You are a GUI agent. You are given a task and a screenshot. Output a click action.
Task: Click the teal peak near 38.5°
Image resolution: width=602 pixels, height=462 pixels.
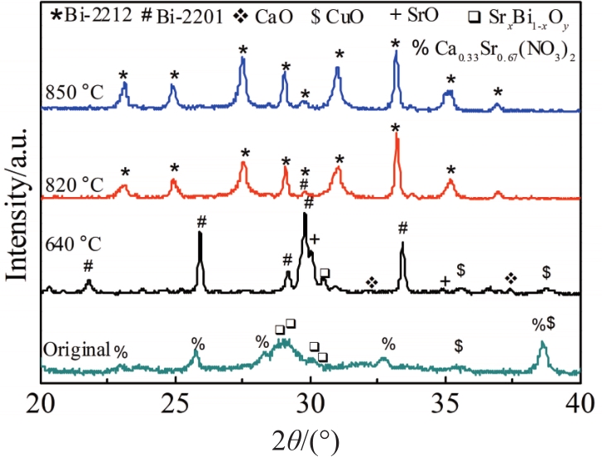tap(542, 344)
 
